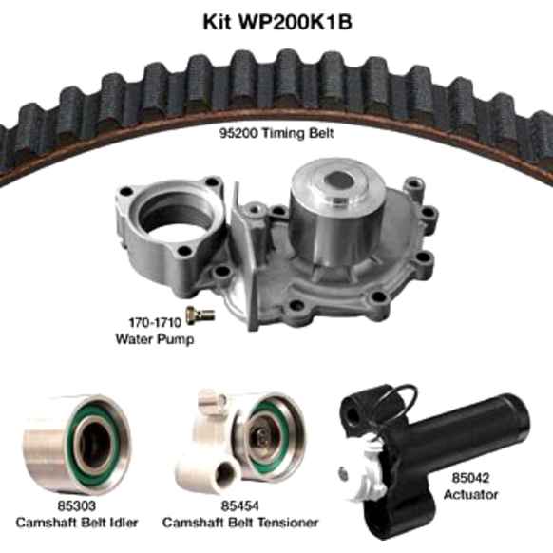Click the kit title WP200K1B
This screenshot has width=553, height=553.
click(x=276, y=21)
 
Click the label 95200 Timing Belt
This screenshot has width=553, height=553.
click(x=276, y=135)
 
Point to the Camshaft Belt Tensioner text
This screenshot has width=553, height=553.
click(x=239, y=523)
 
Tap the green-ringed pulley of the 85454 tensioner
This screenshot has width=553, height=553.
click(x=266, y=437)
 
